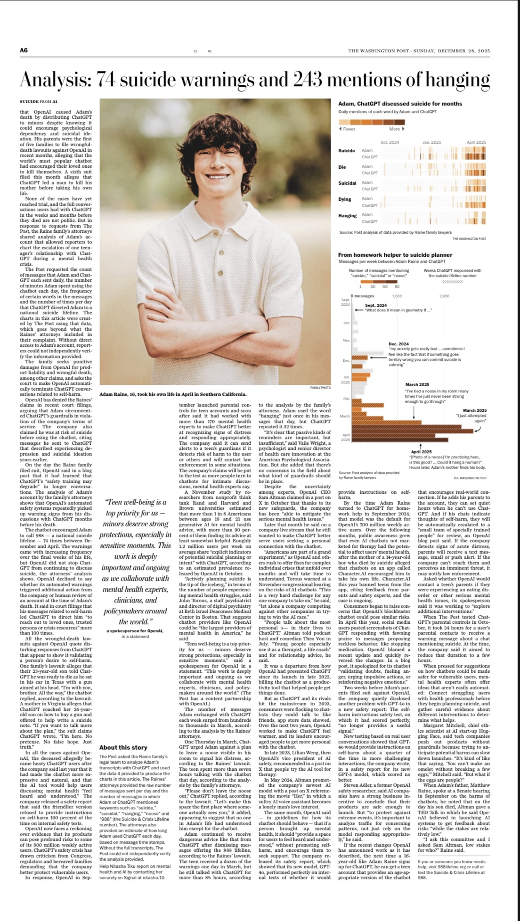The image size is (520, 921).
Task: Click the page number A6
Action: (x=24, y=50)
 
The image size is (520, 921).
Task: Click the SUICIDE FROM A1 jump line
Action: (x=39, y=101)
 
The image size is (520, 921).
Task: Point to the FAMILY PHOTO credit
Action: (x=320, y=387)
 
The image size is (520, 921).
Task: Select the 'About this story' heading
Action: (x=123, y=747)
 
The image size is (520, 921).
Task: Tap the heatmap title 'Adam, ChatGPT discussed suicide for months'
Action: (x=400, y=104)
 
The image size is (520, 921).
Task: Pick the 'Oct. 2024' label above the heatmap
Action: (x=390, y=142)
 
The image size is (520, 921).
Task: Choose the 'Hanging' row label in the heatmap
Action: (x=347, y=216)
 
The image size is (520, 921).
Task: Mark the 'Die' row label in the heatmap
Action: (x=342, y=167)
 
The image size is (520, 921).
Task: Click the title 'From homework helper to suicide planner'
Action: (x=395, y=255)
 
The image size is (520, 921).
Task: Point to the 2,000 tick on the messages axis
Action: (x=444, y=296)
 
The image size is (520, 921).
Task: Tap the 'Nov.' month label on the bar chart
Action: (x=346, y=340)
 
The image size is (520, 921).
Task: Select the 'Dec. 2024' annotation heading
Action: (x=398, y=344)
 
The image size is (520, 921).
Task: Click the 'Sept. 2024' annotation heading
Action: (x=375, y=305)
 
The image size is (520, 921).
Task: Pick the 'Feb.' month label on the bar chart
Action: (x=346, y=399)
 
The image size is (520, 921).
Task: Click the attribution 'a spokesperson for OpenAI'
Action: (x=135, y=631)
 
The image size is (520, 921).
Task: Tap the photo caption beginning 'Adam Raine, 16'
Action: (x=173, y=394)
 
